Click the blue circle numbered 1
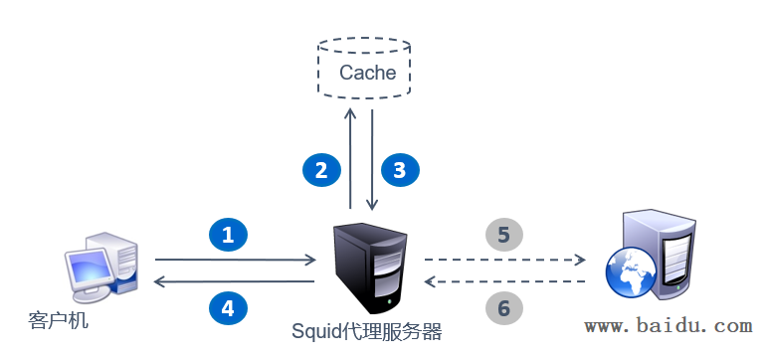pos(228,235)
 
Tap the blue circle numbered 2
pos(321,170)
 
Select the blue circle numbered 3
pos(400,170)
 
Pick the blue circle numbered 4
pos(228,308)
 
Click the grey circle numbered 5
pos(503,235)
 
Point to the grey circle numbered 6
pos(503,308)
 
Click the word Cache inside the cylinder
pos(367,73)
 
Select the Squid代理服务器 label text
pos(367,330)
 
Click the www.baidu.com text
pos(668,325)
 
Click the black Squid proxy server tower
pos(369,265)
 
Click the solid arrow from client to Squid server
pos(235,260)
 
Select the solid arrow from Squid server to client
pos(235,282)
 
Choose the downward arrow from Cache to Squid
pos(372,159)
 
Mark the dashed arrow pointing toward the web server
pos(504,260)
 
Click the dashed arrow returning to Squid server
pos(504,282)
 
